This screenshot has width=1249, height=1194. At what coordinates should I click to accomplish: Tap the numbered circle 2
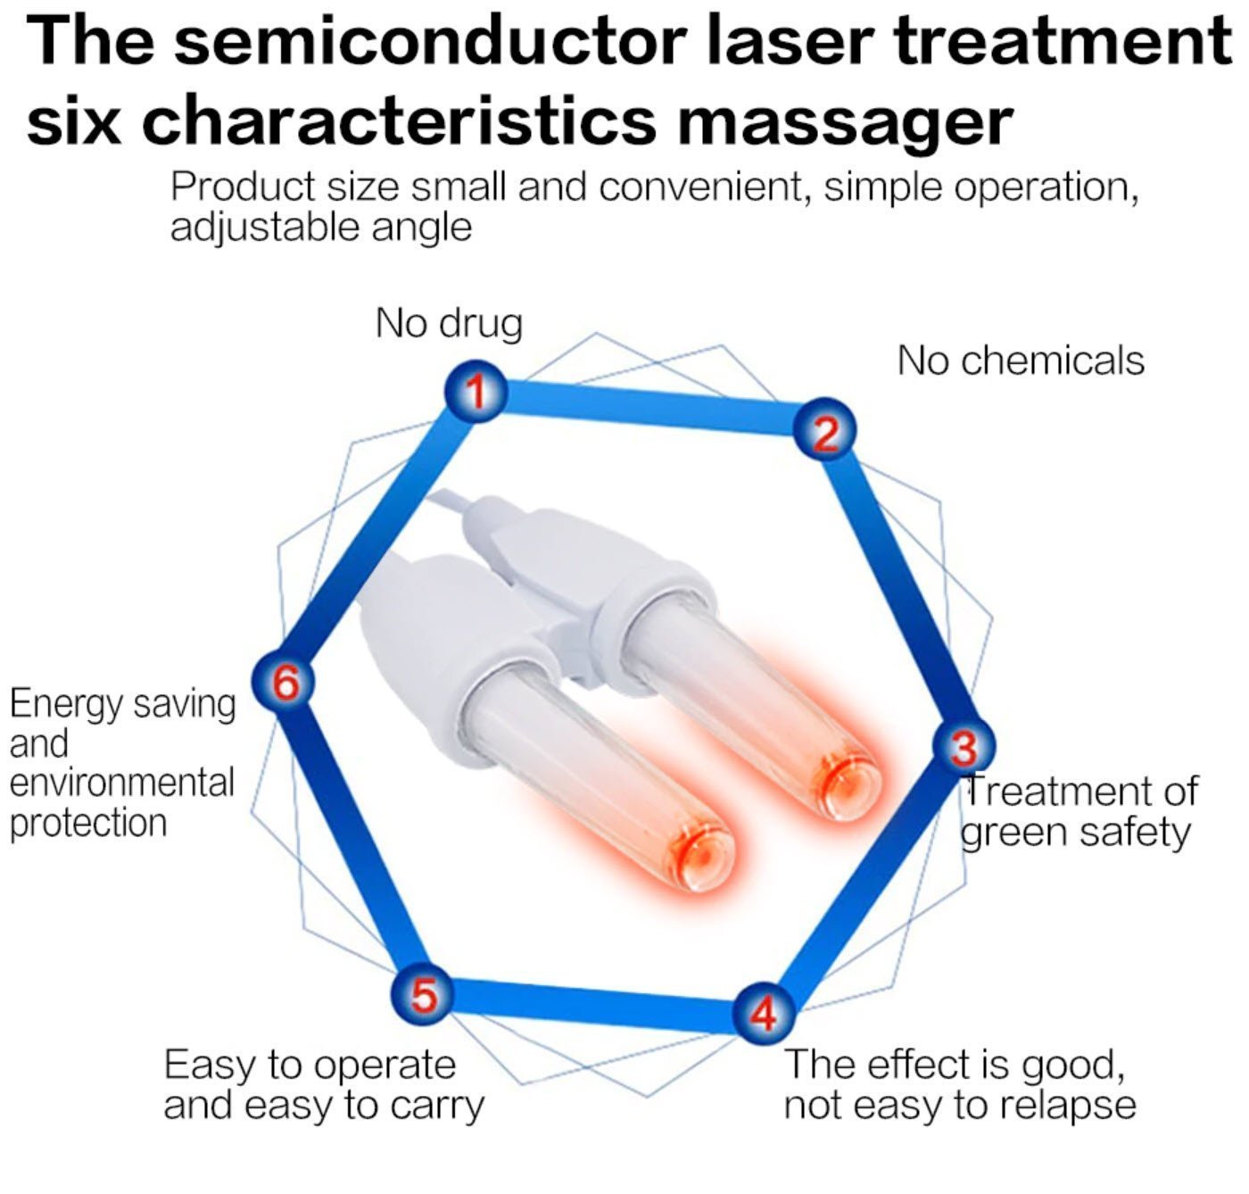click(x=825, y=431)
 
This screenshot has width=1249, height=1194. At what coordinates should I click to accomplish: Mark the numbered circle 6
click(x=284, y=682)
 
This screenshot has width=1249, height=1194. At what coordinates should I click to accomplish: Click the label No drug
click(x=449, y=323)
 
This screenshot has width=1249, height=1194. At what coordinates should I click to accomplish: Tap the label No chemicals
click(x=1020, y=361)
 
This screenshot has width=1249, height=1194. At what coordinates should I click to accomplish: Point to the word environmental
click(x=121, y=783)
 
